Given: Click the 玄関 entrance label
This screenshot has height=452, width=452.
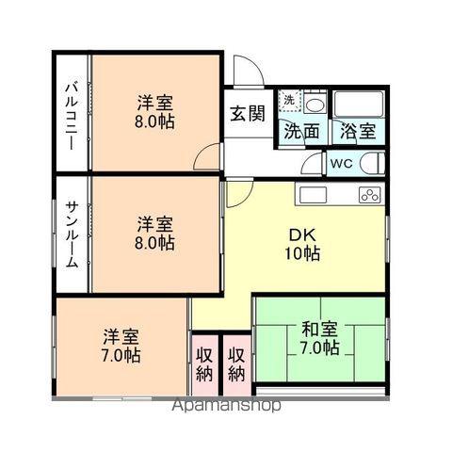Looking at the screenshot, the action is [248, 114].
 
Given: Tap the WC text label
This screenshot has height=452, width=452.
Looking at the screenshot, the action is [342, 164].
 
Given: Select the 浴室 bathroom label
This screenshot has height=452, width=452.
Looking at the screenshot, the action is [358, 131].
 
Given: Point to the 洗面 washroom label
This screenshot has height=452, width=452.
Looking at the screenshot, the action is [301, 131].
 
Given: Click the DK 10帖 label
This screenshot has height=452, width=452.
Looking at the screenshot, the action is [302, 244].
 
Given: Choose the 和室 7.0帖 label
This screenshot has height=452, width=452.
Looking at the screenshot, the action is [320, 338].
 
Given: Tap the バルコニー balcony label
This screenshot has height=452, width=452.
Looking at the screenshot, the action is [72, 116].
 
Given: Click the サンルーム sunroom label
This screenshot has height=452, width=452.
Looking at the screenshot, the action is [72, 234].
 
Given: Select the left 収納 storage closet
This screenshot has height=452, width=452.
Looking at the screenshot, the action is [204, 365].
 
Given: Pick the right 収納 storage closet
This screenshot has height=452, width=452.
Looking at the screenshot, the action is [236, 365].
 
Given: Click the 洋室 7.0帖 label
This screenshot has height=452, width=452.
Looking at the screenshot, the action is [121, 346].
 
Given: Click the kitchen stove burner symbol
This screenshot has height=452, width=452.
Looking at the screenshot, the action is [370, 195].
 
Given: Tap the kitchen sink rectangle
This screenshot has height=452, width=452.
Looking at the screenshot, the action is [313, 195].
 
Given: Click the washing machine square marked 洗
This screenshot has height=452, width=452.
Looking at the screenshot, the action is [290, 101].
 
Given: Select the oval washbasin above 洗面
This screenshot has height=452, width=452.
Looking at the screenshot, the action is [315, 105].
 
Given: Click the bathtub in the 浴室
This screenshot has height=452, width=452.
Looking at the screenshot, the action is [359, 105].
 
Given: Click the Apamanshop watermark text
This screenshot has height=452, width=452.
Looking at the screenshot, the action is [226, 405].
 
